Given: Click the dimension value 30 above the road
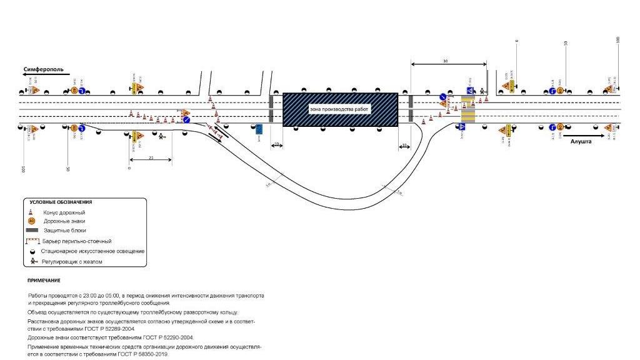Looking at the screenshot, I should (445, 61).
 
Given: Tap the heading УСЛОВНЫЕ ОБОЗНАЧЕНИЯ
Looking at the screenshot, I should (61, 202).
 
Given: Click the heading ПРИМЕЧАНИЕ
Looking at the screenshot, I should (44, 281).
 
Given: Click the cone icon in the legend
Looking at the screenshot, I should (31, 212).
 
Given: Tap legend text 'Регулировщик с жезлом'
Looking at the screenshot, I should (72, 262).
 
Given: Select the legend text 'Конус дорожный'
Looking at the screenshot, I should (64, 212).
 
